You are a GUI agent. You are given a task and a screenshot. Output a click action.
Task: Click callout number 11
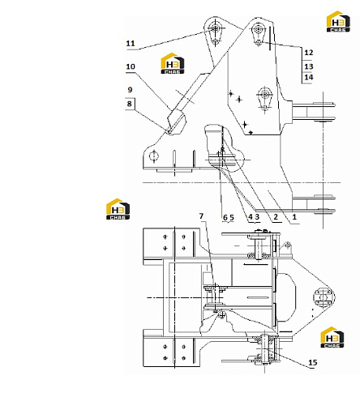(x=131, y=44)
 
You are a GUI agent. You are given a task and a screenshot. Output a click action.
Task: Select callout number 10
(x=131, y=66)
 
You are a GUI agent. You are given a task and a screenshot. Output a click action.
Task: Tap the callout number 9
(x=130, y=90)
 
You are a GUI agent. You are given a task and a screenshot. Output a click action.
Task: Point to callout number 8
(x=130, y=104)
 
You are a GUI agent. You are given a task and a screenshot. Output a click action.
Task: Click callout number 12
(x=309, y=53)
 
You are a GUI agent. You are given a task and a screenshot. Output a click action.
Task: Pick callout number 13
(x=309, y=66)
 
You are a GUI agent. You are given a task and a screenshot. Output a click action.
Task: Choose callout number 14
(x=309, y=77)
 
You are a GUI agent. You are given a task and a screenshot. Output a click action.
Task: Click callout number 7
(x=201, y=216)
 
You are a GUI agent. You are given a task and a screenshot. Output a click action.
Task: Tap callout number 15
(x=313, y=362)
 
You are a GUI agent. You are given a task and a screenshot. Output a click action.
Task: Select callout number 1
(x=294, y=216)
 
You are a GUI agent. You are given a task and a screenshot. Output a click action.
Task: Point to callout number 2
(x=276, y=216)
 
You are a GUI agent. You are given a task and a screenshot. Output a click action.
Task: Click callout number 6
(x=225, y=217)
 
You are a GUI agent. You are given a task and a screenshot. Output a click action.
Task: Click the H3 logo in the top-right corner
(x=338, y=21)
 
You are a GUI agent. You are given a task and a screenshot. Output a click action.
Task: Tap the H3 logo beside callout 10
(x=173, y=63)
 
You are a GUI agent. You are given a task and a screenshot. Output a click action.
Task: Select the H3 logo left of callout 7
(x=118, y=209)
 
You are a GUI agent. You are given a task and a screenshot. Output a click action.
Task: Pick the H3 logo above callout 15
(x=332, y=337)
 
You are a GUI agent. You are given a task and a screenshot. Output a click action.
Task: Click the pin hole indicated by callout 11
(x=216, y=28)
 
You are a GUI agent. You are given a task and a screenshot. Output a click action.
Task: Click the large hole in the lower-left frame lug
(x=154, y=156)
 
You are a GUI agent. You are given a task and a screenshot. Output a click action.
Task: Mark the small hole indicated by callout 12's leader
(x=259, y=42)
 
